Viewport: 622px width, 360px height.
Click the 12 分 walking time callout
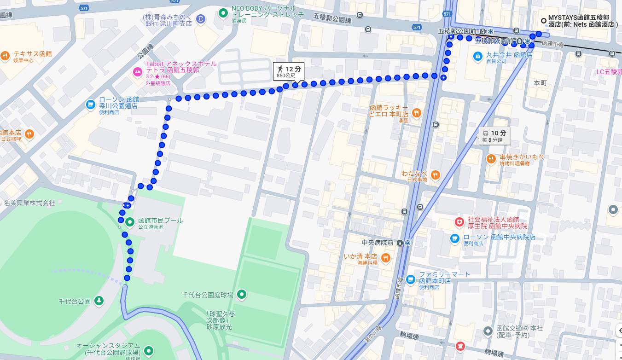[289, 71]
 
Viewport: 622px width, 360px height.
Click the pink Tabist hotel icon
[137, 71]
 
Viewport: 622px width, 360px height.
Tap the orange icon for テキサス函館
[6, 56]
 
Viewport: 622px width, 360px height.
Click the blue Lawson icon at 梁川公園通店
[91, 105]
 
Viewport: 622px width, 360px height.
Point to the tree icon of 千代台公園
[99, 301]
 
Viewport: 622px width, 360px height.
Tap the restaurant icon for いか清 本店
[386, 258]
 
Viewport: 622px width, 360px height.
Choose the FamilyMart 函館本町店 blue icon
[411, 279]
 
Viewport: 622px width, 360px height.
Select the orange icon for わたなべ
[435, 175]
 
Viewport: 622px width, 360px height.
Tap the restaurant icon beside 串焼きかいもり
[491, 159]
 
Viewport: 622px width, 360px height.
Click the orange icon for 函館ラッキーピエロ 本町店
[416, 113]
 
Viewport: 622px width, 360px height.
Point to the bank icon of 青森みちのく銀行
[201, 18]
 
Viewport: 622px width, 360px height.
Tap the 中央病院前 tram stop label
[378, 243]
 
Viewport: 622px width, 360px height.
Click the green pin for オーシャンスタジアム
[149, 352]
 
